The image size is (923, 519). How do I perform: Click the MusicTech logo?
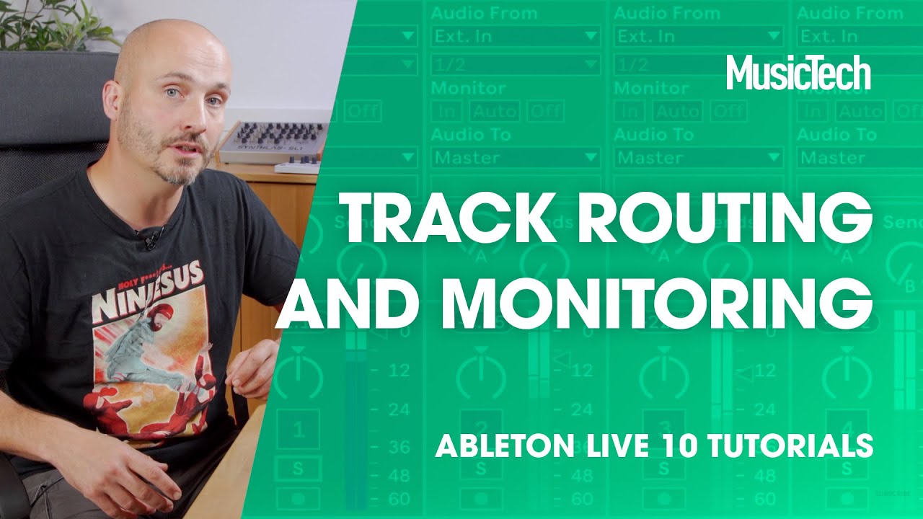pos(798,73)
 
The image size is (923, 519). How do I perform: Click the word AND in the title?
pos(349,301)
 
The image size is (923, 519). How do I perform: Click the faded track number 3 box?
pos(663,425)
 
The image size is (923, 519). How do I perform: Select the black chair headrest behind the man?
pos(50,108)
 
